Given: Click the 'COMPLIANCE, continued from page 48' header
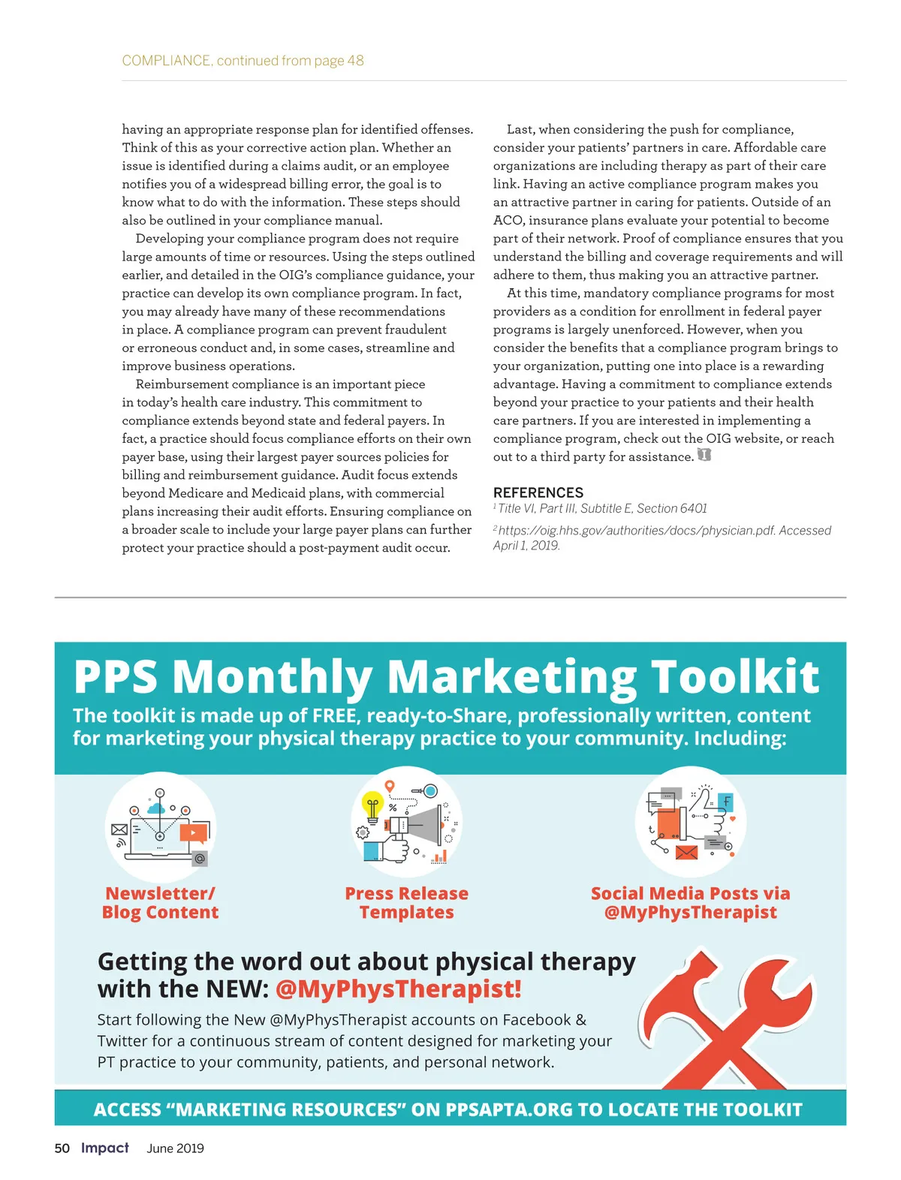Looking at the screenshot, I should coord(243,61).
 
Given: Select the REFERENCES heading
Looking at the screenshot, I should coord(538,492).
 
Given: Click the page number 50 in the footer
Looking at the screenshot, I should coord(62,1148).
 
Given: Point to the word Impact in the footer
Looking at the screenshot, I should coord(105,1148).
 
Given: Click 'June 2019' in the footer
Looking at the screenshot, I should coord(175,1148).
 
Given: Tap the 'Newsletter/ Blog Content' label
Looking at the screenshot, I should coord(160,903).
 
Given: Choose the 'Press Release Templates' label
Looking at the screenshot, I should coord(406,903).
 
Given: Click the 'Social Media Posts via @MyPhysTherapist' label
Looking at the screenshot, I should coord(690,903).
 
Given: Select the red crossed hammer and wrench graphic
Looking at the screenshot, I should coord(725,1017).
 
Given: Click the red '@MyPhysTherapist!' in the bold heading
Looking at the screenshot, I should coord(398,989).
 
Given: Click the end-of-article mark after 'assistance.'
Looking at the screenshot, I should coord(704,456).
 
